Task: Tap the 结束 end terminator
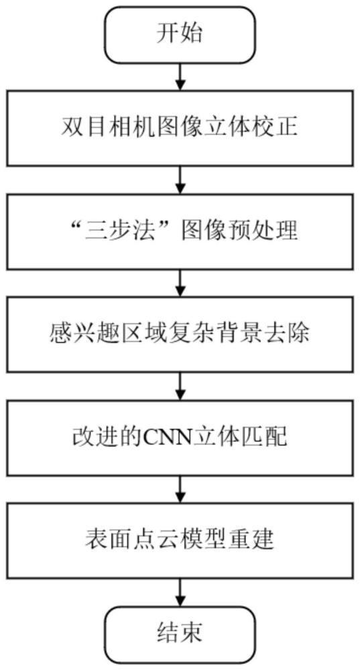180,632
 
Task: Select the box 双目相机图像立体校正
180,127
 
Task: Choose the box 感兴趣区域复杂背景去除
180,333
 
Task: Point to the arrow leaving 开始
180,76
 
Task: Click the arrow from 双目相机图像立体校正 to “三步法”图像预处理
180,178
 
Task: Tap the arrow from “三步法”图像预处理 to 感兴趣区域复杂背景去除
180,281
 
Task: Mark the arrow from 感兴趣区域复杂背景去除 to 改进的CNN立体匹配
180,384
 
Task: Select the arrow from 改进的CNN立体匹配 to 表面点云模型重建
180,487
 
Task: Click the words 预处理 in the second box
272,230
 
